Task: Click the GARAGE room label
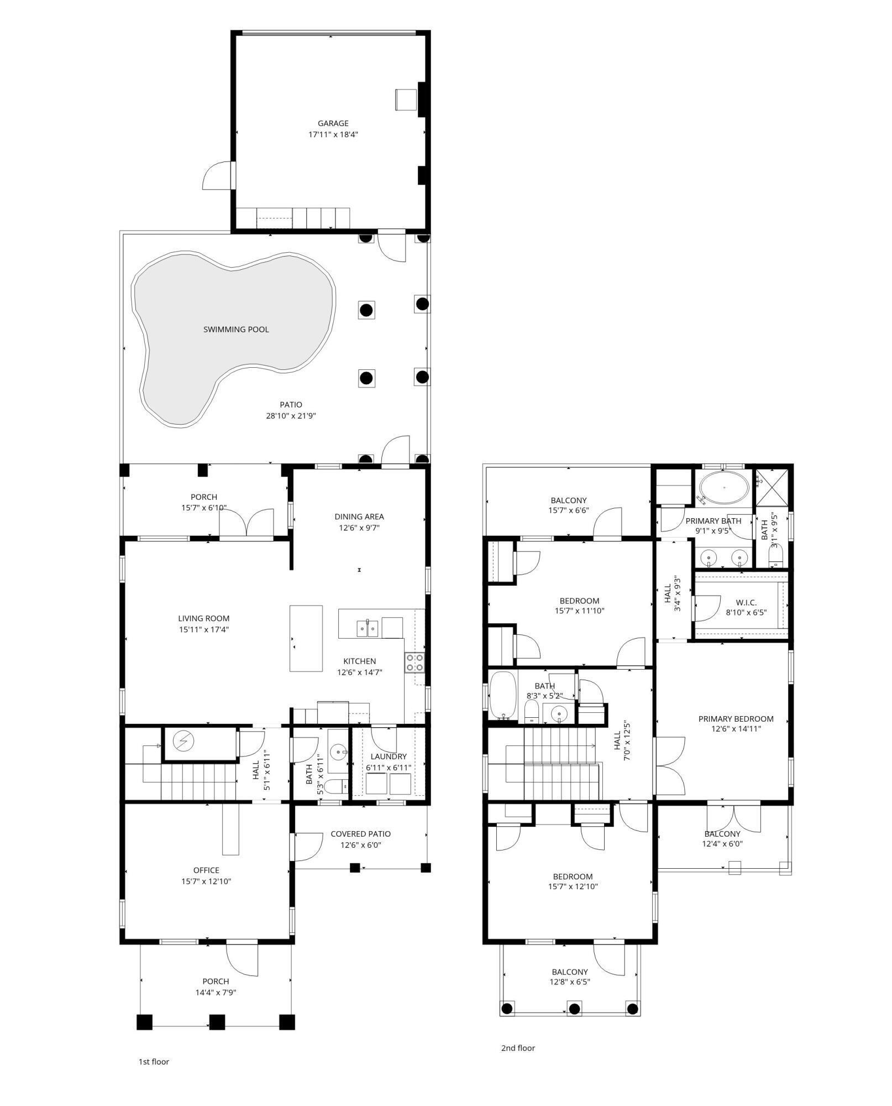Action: (x=333, y=123)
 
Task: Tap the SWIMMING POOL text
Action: (x=236, y=330)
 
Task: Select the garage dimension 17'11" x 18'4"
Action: (x=333, y=134)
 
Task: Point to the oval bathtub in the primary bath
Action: (x=724, y=488)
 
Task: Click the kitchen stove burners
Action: (x=415, y=662)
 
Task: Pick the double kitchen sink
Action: (x=366, y=628)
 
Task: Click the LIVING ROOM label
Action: (x=203, y=618)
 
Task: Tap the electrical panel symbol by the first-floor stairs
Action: (x=183, y=740)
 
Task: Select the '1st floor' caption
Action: (x=154, y=1061)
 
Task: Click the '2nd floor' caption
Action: (x=518, y=1047)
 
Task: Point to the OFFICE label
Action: (x=206, y=870)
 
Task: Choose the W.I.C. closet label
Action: (x=746, y=602)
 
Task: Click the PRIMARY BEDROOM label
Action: (x=736, y=719)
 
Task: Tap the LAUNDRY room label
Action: (x=389, y=757)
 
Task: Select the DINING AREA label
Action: (x=359, y=517)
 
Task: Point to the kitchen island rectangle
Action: (x=306, y=638)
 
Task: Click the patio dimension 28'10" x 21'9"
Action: (x=291, y=416)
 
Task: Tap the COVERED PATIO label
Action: (x=360, y=834)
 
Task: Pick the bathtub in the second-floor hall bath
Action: (x=502, y=697)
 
